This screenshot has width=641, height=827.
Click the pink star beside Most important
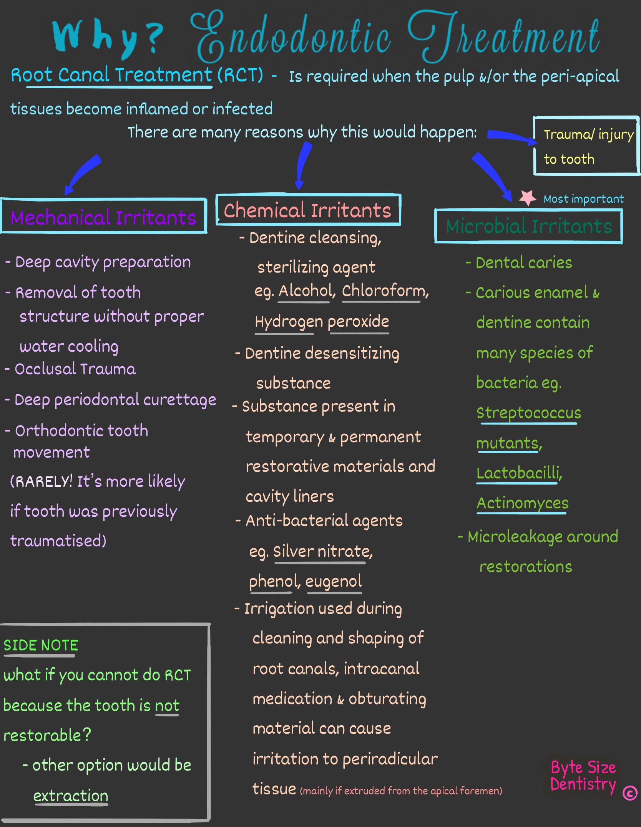click(x=528, y=197)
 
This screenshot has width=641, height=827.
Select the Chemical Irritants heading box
click(x=308, y=210)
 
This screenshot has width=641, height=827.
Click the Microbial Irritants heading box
click(x=529, y=226)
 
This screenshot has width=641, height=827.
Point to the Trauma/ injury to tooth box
click(x=586, y=146)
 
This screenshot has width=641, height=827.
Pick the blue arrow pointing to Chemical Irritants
click(x=304, y=164)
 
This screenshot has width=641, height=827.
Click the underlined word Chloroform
click(x=384, y=291)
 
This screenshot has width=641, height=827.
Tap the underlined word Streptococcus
click(x=529, y=413)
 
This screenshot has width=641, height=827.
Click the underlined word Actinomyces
click(x=522, y=503)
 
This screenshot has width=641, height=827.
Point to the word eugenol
click(x=334, y=581)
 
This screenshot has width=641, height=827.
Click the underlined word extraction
click(x=71, y=796)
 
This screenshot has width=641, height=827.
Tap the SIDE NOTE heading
click(x=41, y=645)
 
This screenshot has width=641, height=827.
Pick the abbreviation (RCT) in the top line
click(x=240, y=75)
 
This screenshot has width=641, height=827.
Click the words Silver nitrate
click(x=322, y=551)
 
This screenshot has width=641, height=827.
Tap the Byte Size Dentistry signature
click(x=583, y=776)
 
